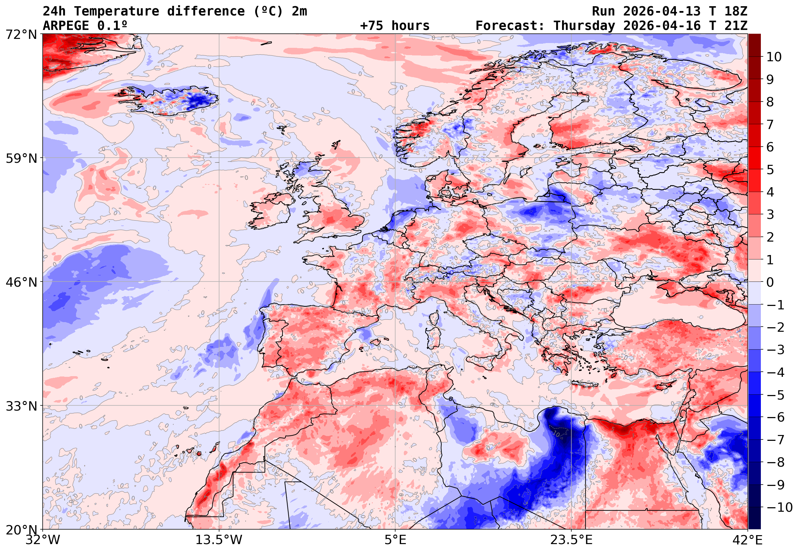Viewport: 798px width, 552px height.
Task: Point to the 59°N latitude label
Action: pyautogui.click(x=21, y=159)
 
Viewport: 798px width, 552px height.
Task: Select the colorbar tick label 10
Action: pyautogui.click(x=774, y=57)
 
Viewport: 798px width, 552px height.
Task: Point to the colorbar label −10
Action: pyautogui.click(x=779, y=508)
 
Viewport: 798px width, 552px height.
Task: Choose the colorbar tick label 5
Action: pyautogui.click(x=770, y=170)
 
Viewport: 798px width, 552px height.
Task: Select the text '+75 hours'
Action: pyautogui.click(x=395, y=26)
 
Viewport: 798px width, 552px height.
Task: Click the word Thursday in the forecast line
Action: pyautogui.click(x=584, y=26)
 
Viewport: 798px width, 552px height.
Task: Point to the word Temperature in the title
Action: pyautogui.click(x=116, y=11)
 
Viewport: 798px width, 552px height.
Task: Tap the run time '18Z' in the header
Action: pyautogui.click(x=736, y=11)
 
